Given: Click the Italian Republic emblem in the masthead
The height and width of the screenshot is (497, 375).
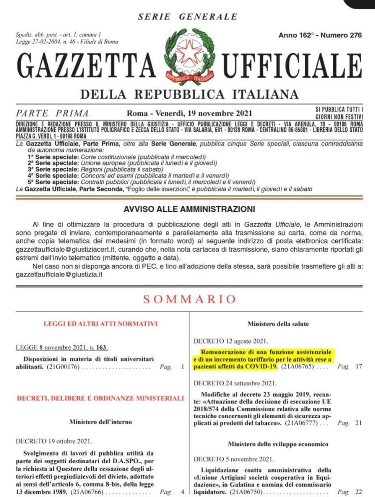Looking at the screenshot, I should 190,55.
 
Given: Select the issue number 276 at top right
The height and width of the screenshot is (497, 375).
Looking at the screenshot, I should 354,35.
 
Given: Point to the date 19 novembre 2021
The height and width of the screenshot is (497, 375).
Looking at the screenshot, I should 220,113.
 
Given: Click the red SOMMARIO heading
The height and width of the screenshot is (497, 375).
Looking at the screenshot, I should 189,299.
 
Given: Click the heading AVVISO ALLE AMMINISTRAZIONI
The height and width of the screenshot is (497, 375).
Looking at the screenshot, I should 189,209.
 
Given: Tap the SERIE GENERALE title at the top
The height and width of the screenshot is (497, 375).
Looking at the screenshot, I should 187,17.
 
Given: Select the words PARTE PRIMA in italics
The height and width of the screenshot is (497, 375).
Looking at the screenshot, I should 52,113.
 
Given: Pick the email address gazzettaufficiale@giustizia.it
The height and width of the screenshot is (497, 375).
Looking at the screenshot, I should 59,274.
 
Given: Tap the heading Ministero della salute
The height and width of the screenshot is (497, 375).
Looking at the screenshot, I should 278,323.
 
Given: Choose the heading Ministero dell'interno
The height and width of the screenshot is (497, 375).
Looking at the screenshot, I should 101,422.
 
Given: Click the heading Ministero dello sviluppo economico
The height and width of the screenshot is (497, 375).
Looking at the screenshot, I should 278,444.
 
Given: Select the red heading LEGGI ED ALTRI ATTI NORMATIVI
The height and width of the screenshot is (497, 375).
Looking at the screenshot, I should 101,323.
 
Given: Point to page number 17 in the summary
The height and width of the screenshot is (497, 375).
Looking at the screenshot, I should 359,366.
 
